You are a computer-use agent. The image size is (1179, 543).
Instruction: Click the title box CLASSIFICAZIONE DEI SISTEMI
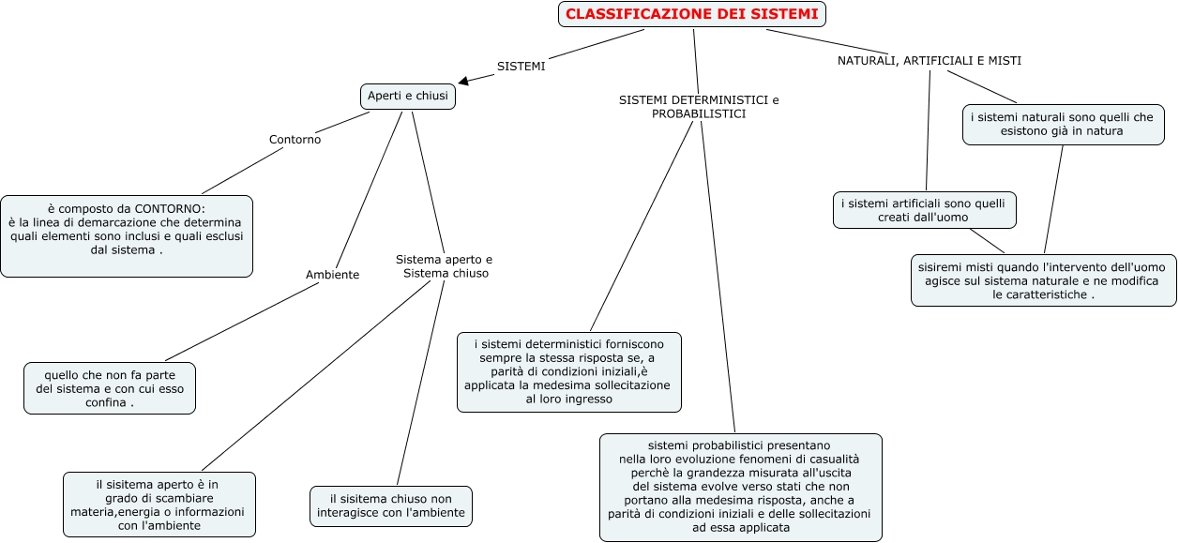click(692, 14)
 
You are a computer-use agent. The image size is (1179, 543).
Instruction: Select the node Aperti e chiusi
click(408, 96)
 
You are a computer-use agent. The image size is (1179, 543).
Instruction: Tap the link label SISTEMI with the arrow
click(521, 67)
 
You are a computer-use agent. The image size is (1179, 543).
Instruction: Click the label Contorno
click(295, 140)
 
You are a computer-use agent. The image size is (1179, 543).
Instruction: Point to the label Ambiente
click(332, 275)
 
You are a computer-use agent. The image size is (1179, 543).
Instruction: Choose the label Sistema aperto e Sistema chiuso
click(444, 266)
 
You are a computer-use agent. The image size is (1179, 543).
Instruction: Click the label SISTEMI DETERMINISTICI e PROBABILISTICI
click(699, 107)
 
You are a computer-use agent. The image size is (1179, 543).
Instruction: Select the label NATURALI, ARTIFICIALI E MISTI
click(929, 61)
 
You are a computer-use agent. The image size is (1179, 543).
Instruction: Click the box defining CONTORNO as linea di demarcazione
click(127, 235)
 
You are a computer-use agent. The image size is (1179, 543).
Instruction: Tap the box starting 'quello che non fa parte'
click(110, 388)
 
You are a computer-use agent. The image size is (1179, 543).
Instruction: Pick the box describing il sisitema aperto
click(159, 505)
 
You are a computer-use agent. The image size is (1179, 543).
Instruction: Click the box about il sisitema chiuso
click(391, 506)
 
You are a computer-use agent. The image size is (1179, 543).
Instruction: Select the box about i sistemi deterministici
click(569, 371)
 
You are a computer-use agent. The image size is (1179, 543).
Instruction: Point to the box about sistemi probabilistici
click(741, 487)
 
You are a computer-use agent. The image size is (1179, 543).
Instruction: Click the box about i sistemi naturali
click(1063, 125)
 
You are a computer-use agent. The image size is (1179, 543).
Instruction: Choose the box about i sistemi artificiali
click(924, 210)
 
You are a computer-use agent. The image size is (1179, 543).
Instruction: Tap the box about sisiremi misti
click(1043, 280)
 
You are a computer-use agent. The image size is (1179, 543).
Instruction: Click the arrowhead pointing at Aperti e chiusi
click(463, 82)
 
